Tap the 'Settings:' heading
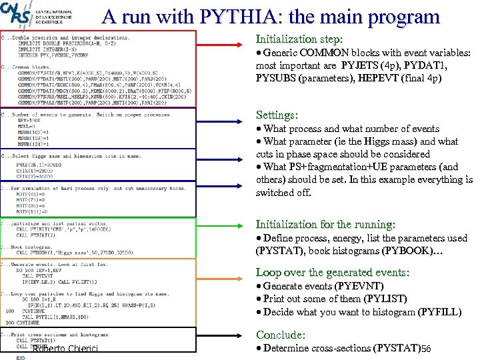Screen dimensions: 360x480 pyautogui.click(x=277, y=115)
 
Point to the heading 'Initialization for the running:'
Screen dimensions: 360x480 pyautogui.click(x=325, y=225)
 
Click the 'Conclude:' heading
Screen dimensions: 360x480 pyautogui.click(x=281, y=335)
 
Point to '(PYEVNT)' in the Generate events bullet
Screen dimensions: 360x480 pyautogui.click(x=360, y=286)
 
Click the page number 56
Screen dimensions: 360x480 pyautogui.click(x=426, y=349)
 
